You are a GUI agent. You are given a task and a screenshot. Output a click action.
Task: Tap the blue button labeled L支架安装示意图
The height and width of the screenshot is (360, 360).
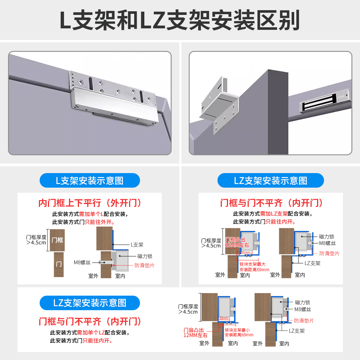pos(89,180)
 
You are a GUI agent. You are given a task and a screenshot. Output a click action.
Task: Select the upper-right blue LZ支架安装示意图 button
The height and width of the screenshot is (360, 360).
pos(270,180)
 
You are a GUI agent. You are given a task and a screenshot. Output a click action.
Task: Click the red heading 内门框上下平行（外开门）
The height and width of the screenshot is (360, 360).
pos(90,203)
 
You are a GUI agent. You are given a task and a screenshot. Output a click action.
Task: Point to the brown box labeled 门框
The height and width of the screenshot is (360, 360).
pos(57,240)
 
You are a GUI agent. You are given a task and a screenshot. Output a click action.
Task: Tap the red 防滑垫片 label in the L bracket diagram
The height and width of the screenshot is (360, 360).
pos(144,265)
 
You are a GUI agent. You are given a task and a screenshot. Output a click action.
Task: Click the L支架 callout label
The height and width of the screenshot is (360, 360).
pos(137,245)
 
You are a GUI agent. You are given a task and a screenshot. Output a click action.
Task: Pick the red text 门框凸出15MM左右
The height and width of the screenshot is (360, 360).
pos(237,242)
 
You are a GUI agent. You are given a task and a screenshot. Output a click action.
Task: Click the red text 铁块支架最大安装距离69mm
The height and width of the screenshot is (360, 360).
pos(254,267)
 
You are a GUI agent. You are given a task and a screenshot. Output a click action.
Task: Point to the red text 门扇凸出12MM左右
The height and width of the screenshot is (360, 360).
pos(196,332)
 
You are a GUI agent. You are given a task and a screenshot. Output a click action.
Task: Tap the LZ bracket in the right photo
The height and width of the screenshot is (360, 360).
pos(220,104)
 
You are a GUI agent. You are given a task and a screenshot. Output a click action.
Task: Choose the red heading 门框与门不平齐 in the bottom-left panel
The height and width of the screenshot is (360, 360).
pos(90,321)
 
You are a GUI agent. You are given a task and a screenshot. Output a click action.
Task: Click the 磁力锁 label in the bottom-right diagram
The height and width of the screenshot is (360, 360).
pos(303,303)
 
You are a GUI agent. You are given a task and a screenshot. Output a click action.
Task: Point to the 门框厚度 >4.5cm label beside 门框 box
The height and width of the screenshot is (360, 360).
pos(36,240)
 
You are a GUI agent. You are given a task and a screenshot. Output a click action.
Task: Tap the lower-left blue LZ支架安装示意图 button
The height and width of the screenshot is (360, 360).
pos(89,303)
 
